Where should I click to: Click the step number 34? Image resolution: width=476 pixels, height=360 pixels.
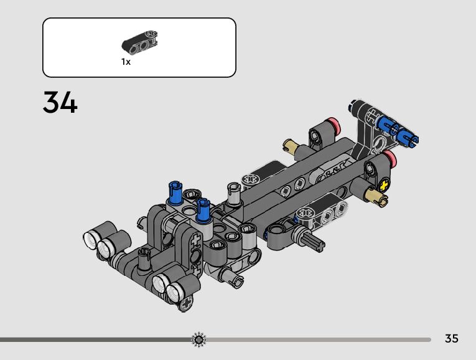pyautogui.click(x=60, y=103)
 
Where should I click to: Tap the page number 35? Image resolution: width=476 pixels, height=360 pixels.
pyautogui.click(x=451, y=338)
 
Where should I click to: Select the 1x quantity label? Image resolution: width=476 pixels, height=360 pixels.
pyautogui.click(x=126, y=62)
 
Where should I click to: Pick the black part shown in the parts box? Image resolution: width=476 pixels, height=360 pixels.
pyautogui.click(x=139, y=41)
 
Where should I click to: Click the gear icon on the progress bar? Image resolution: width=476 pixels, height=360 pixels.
pyautogui.click(x=199, y=339)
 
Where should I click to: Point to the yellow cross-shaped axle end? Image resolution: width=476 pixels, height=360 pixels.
pyautogui.click(x=385, y=185)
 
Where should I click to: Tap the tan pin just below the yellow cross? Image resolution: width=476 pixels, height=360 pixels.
pyautogui.click(x=377, y=197)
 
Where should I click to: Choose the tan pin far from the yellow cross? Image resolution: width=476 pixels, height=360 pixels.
pyautogui.click(x=291, y=146)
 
